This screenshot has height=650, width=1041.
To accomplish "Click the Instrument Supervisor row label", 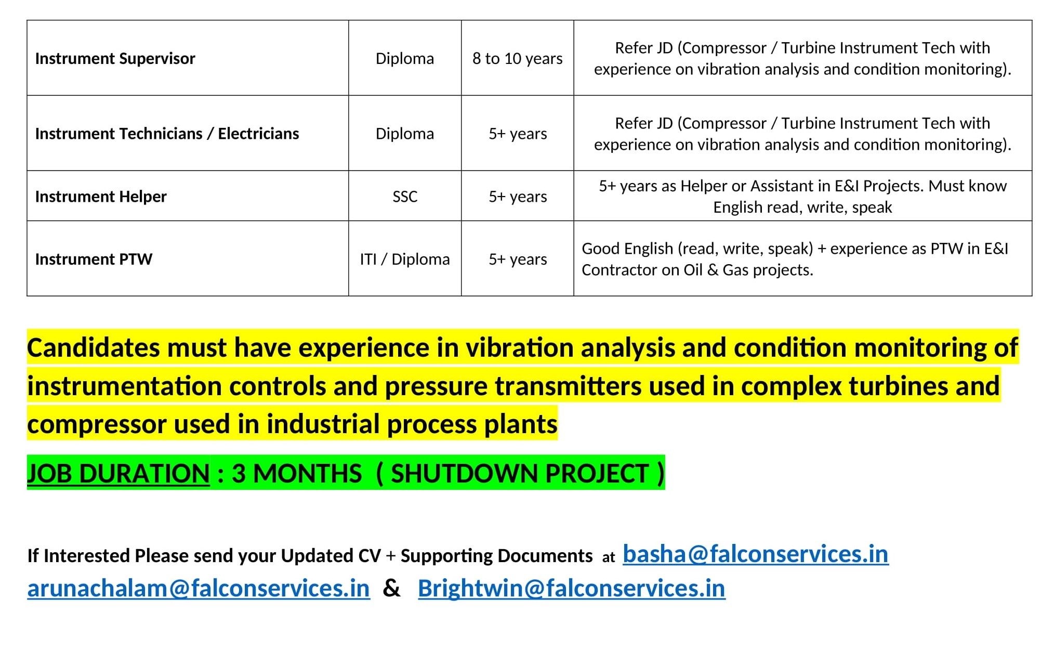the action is [x=115, y=58].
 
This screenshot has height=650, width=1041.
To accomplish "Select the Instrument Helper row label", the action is [x=101, y=197].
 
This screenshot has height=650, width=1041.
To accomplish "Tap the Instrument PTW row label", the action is [x=94, y=259].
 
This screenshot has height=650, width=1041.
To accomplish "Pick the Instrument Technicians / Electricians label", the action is [x=167, y=134].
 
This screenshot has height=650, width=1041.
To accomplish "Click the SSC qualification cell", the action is [x=405, y=197].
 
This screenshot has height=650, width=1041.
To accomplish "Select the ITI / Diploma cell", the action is [x=405, y=259].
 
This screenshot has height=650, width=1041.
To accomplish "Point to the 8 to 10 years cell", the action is [x=517, y=58].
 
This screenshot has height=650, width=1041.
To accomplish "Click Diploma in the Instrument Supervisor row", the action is [x=405, y=58].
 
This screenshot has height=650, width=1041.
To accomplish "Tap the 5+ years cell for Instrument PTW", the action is [x=518, y=259].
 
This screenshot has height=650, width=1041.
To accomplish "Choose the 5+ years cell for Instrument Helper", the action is [x=518, y=197].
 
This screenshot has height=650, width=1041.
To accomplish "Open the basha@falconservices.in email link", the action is [x=756, y=554].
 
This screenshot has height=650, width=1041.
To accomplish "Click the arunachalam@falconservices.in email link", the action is [x=199, y=589].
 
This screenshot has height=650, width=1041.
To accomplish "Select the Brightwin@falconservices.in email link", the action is [x=572, y=589].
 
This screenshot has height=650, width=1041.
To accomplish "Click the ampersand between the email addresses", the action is [x=391, y=589].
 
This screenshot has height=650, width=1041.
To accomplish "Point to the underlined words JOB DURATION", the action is [x=118, y=474].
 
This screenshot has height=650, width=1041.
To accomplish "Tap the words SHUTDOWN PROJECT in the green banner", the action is [x=519, y=474].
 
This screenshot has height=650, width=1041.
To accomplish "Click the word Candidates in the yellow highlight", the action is [x=94, y=347].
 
